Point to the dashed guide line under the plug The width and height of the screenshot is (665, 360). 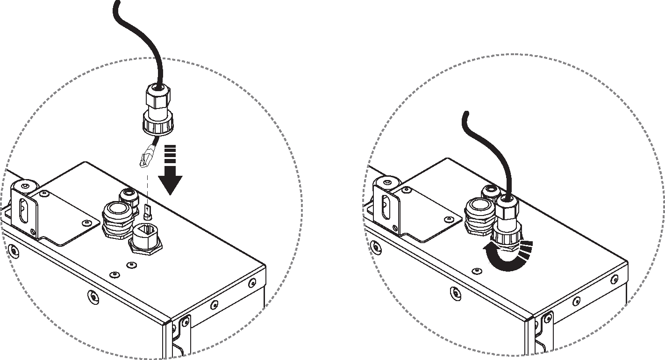coord(148,187)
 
